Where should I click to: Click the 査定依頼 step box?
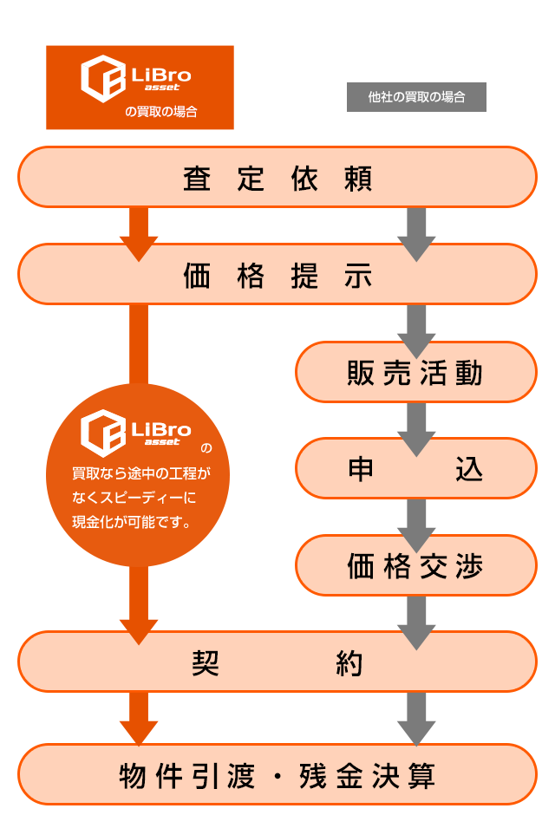pos(277,178)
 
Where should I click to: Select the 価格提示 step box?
pos(277,276)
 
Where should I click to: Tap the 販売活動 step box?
pos(415,374)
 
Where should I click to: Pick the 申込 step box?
pos(415,469)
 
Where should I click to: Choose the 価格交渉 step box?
pos(415,566)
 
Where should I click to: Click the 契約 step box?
pos(277,663)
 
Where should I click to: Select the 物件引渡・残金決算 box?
pos(277,775)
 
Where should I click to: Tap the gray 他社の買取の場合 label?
pos(416,97)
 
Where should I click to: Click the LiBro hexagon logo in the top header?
pos(102,78)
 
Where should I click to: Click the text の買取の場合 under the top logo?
pos(161,112)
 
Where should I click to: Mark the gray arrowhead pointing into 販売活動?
pos(416,349)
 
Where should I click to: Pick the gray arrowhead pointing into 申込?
pos(416,446)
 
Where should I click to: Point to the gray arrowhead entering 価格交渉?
pos(416,543)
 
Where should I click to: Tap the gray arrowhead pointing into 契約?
pos(416,639)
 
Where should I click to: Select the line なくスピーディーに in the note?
pos(134,499)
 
